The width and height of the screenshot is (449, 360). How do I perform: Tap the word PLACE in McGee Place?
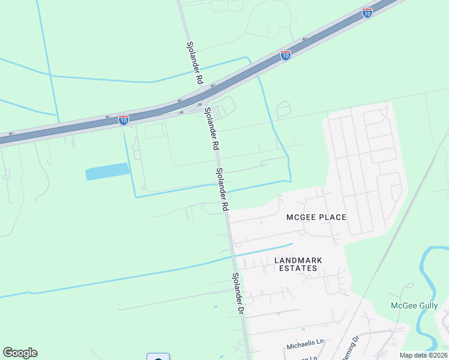[x=333, y=217]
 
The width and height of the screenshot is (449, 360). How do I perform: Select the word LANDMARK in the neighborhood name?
[x=298, y=260]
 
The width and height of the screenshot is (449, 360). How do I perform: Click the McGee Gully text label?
[x=414, y=305]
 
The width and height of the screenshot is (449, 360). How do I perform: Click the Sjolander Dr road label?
[x=238, y=294]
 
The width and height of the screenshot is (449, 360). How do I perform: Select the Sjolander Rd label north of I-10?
[x=195, y=62]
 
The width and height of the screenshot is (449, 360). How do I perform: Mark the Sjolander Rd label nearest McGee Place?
[x=222, y=188]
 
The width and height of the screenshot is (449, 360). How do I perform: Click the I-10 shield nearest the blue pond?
[x=124, y=119]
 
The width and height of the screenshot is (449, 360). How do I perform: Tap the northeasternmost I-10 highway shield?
[x=367, y=12]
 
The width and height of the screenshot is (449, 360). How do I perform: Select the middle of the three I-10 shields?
[x=286, y=55]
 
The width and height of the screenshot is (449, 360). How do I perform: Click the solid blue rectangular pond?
[x=107, y=172]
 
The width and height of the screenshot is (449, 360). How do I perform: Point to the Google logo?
[x=20, y=353]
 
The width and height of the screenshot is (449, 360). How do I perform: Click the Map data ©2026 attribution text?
[x=423, y=355]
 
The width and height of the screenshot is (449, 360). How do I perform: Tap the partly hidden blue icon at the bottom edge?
[x=158, y=357]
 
